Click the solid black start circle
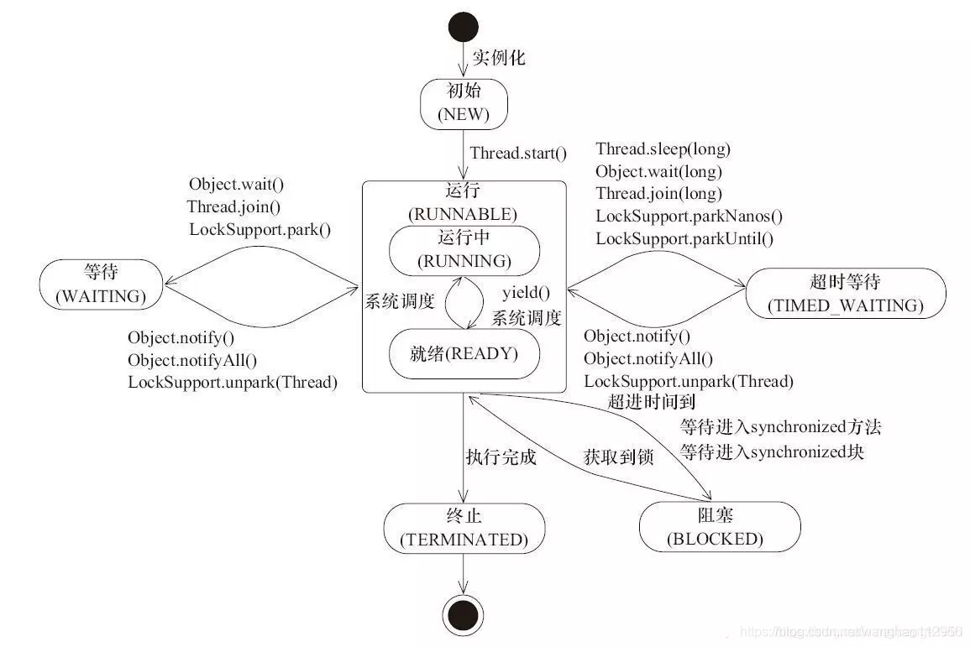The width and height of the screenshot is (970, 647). click(464, 28)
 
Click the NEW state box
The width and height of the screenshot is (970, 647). click(464, 104)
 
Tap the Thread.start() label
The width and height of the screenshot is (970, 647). click(518, 154)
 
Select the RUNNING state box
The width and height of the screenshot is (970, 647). click(464, 249)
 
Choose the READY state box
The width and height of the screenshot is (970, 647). click(464, 353)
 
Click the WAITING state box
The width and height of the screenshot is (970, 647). click(101, 285)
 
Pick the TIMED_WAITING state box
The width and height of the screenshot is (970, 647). click(845, 293)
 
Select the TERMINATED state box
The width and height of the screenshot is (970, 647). click(464, 528)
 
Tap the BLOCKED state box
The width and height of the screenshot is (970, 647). click(715, 527)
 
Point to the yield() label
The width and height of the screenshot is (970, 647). click(526, 293)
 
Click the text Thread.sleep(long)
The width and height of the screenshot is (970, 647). click(663, 150)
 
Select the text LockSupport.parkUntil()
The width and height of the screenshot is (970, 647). click(684, 238)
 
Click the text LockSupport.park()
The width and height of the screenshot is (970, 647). click(260, 228)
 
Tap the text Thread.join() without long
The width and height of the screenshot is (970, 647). click(233, 206)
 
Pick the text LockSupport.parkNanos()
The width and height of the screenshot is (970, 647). click(689, 216)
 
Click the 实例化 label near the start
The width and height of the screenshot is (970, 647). click(499, 58)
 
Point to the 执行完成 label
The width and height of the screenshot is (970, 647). click(501, 457)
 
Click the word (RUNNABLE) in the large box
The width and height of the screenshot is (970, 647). click(464, 213)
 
